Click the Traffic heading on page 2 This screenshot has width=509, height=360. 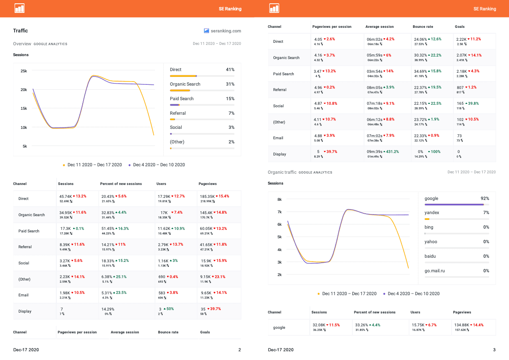(x=20, y=31)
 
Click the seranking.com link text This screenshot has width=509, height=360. (x=226, y=31)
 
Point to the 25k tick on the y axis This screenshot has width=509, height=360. (x=24, y=71)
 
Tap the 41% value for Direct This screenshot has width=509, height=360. (x=230, y=70)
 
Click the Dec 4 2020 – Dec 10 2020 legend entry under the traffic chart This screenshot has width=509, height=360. (x=159, y=165)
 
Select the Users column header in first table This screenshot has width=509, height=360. (x=161, y=184)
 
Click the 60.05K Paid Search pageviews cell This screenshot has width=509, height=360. (x=207, y=229)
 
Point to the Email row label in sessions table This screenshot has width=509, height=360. (x=23, y=295)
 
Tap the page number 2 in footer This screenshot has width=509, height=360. (x=239, y=350)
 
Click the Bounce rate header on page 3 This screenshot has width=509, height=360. (x=423, y=27)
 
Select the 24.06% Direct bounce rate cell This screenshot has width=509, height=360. (x=421, y=39)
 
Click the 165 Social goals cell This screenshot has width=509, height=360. (x=460, y=104)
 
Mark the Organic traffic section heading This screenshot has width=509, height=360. (x=282, y=172)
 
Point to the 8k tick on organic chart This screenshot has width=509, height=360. (x=279, y=200)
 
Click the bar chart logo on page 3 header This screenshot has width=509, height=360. (x=274, y=8)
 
